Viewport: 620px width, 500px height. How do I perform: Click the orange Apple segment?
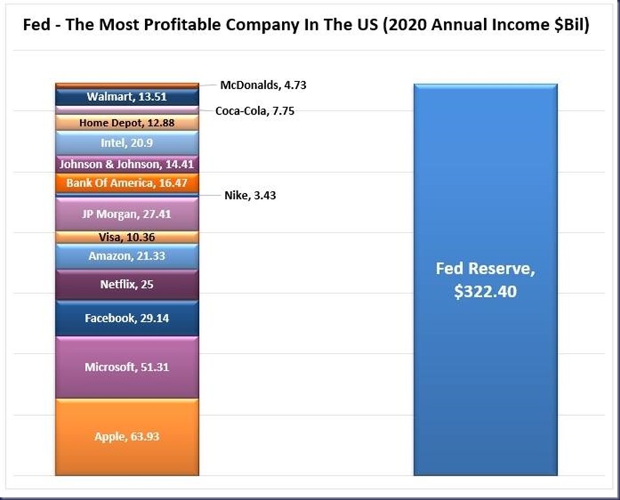coord(126,437)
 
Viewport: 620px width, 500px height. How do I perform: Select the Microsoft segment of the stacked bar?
coord(126,367)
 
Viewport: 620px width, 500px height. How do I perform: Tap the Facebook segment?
coord(126,318)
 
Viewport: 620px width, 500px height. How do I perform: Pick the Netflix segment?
coord(126,284)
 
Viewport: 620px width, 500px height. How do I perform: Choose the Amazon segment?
coord(126,256)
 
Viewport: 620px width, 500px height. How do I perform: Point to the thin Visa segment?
coord(126,237)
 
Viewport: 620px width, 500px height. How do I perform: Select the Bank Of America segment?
coord(126,183)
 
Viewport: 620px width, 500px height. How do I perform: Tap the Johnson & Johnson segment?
coord(126,165)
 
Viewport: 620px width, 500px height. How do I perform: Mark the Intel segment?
coord(126,143)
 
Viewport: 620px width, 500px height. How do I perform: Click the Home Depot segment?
coord(126,122)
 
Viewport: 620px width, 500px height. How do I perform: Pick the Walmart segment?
coord(126,97)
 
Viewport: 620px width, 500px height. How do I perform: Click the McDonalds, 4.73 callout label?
coord(253,85)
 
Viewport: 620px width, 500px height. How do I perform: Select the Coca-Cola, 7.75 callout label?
coord(255,111)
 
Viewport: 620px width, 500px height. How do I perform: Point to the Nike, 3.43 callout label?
coord(250,195)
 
